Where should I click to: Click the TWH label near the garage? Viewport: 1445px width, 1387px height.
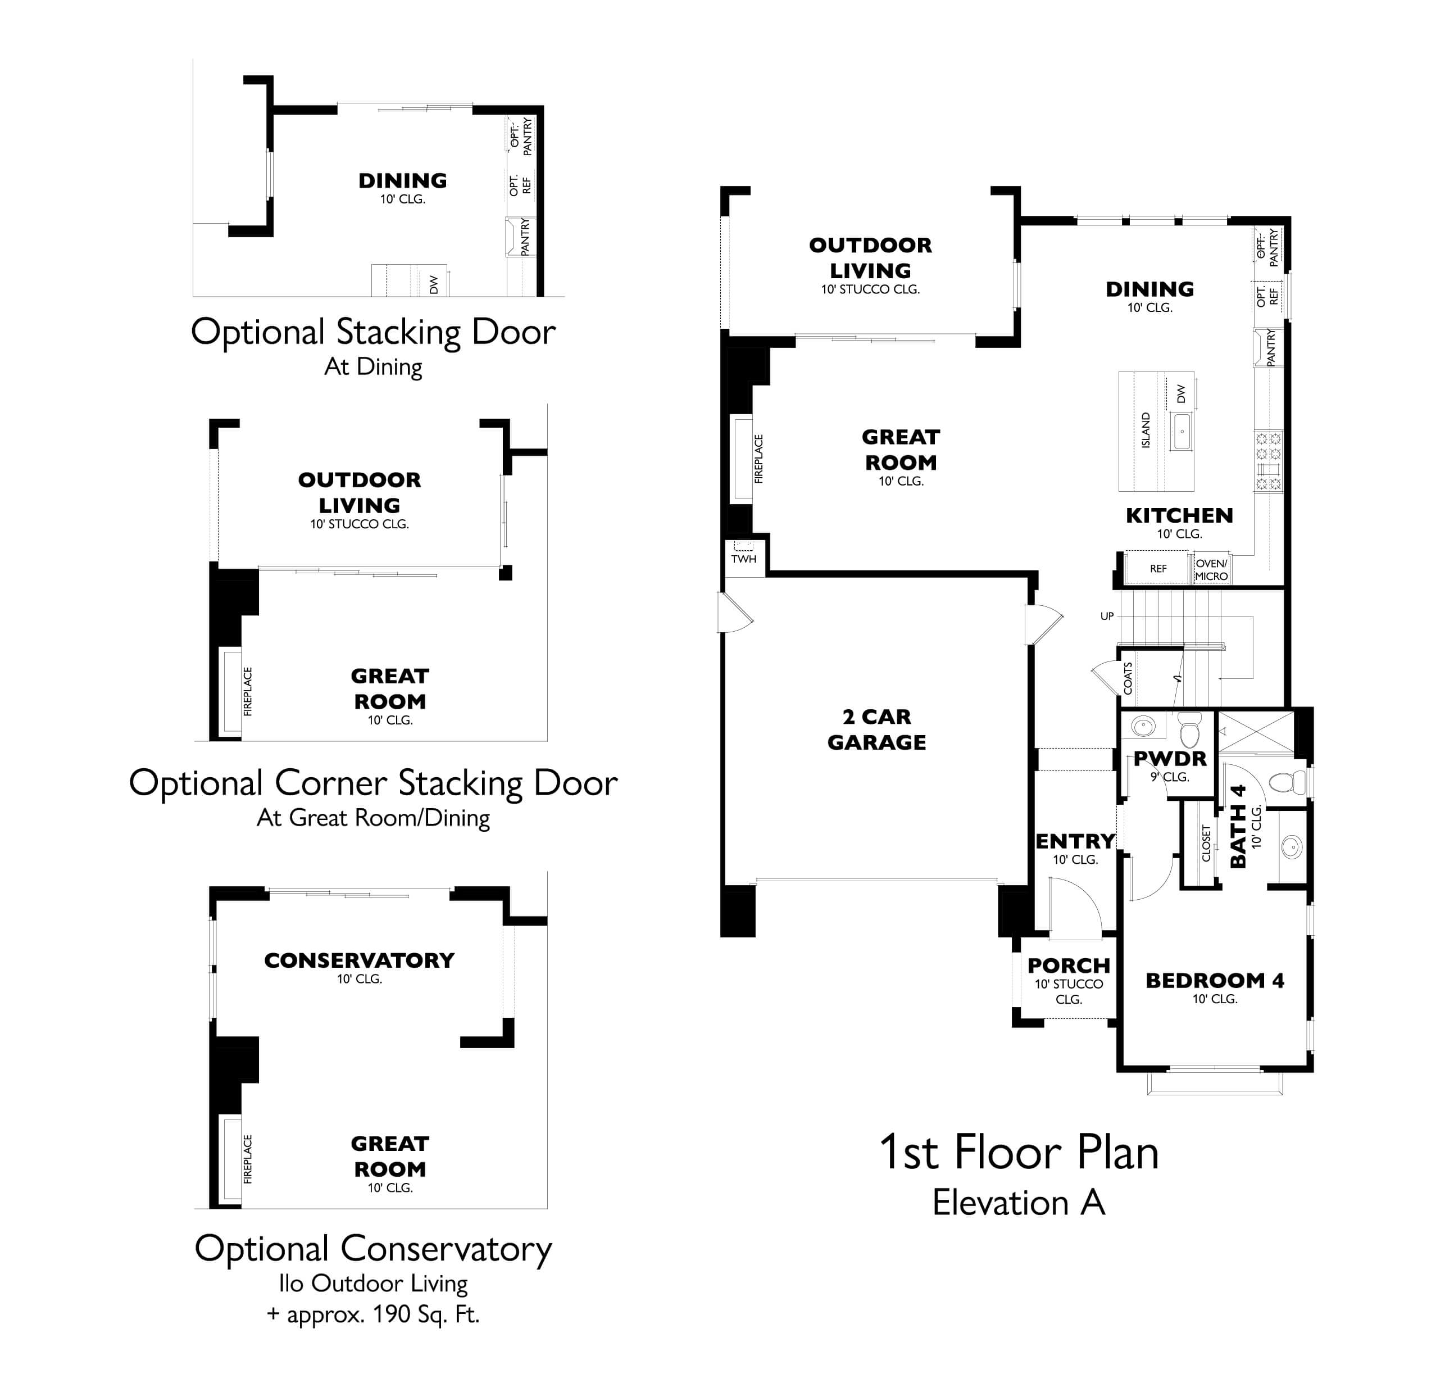pos(743,559)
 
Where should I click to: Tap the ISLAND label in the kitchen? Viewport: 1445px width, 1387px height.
pos(1146,430)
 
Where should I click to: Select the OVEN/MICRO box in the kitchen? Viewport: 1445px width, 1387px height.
pos(1211,569)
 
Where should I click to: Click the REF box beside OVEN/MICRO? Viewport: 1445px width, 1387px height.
pos(1158,569)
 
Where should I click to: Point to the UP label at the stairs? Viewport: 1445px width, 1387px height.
pos(1107,617)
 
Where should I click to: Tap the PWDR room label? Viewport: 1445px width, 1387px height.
pos(1170,758)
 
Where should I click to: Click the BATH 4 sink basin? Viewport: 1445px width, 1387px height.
pos(1292,846)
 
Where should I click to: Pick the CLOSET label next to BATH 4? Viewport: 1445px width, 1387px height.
pos(1206,843)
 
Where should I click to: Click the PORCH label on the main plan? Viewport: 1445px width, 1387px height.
pos(1068,965)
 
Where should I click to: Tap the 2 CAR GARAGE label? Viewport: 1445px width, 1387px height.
pos(876,729)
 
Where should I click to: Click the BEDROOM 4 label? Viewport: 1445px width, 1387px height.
pos(1214,981)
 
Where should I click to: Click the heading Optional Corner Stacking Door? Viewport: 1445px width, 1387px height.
pos(373,783)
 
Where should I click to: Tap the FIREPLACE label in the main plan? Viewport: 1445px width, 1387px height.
pos(758,459)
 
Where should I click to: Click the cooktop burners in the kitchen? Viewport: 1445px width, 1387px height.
pos(1269,461)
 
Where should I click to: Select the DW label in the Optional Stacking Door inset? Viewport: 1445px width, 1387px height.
pos(434,284)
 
